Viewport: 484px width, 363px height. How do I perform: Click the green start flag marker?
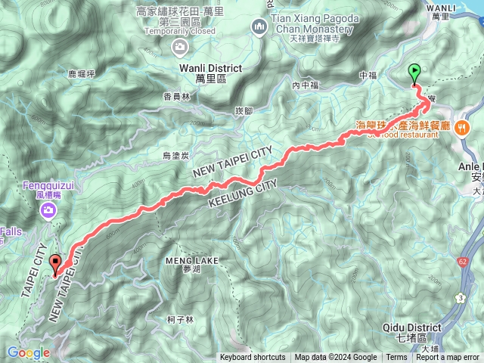414,73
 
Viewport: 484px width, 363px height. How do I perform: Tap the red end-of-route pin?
55,265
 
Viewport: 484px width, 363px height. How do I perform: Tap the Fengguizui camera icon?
49,210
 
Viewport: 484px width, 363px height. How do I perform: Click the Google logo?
29,352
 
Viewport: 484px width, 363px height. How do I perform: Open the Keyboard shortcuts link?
253,358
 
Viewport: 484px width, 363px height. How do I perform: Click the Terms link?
396,358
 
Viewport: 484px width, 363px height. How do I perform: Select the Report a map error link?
448,358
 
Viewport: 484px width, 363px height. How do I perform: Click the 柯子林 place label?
181,319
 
